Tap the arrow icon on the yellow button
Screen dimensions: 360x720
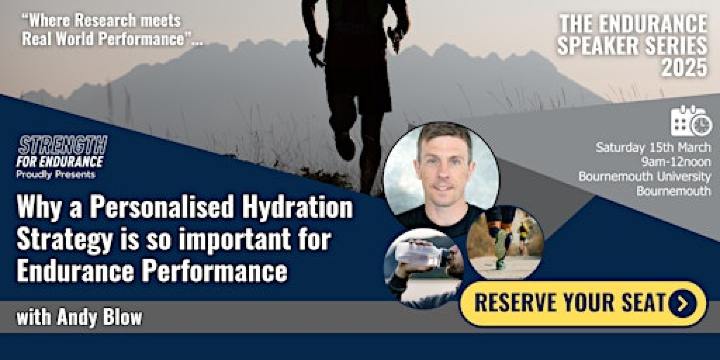coord(682,303)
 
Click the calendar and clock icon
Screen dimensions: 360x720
coord(691,120)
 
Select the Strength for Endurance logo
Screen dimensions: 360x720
coord(62,151)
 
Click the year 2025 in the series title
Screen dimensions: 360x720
coord(683,66)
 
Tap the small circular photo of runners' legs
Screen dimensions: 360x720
coord(506,241)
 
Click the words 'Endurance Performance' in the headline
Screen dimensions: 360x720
coord(151,270)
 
